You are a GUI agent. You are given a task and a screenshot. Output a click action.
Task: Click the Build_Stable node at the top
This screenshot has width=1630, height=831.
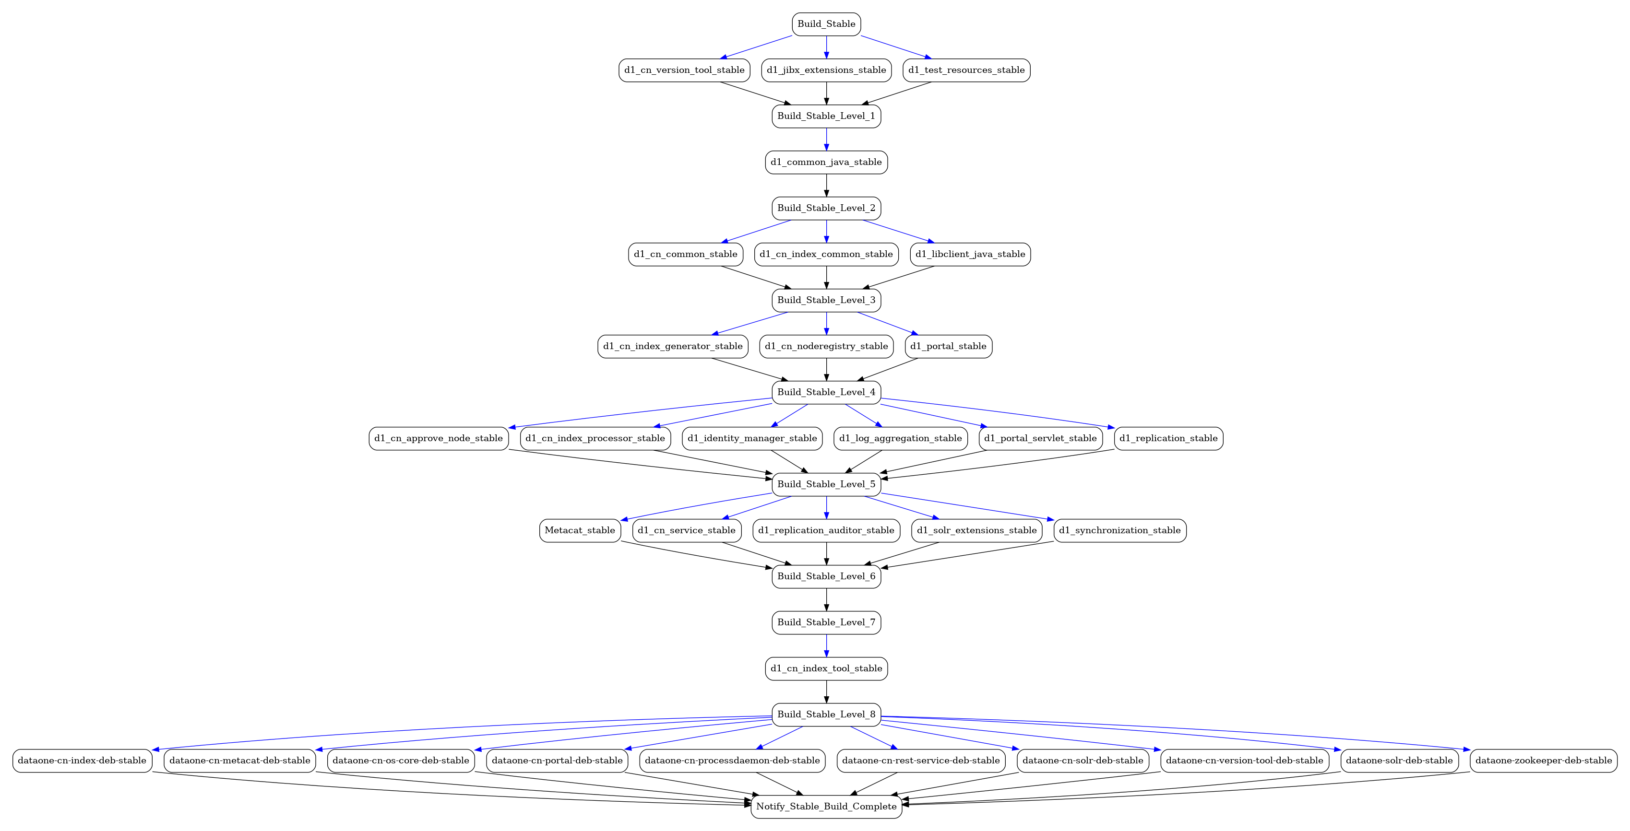pos(826,24)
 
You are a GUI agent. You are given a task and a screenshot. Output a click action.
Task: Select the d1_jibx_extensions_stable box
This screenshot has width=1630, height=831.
pos(826,70)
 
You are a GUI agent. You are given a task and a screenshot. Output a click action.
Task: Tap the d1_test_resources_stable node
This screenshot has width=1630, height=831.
pos(966,70)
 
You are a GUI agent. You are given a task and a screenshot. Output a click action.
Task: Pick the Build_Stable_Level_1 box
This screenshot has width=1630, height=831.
pos(826,117)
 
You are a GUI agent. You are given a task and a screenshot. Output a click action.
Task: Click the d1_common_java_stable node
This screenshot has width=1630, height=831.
pos(826,163)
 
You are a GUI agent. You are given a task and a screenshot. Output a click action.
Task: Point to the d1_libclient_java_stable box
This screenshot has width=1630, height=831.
pos(971,254)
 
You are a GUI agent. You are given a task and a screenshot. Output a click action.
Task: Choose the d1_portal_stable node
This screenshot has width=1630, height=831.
pos(949,347)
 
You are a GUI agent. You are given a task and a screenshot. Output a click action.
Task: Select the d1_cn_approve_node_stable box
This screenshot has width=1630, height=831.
pos(439,438)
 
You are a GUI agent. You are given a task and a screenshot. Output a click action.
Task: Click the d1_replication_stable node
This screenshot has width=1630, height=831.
pos(1169,438)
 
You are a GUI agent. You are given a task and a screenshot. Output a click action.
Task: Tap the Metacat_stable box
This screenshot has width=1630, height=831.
pos(580,531)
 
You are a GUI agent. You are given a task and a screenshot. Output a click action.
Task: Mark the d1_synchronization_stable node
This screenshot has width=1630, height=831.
pos(1120,531)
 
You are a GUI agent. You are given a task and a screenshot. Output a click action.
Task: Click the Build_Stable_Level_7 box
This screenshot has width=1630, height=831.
pos(826,622)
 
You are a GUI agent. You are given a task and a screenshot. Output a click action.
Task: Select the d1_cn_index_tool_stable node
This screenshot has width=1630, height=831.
pos(826,668)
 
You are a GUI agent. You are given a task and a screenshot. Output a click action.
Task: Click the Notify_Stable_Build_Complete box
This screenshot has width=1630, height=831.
pos(826,807)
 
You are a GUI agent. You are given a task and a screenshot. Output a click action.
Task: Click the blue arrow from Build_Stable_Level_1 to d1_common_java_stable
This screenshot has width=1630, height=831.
pos(826,139)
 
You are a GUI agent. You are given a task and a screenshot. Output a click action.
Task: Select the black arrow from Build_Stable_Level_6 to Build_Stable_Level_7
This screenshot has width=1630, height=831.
pos(826,599)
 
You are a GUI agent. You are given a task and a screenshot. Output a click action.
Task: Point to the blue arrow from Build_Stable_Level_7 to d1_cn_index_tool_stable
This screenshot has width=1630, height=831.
pos(826,646)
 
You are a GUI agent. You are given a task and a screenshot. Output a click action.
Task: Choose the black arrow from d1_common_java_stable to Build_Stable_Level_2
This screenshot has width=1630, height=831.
pos(826,185)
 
